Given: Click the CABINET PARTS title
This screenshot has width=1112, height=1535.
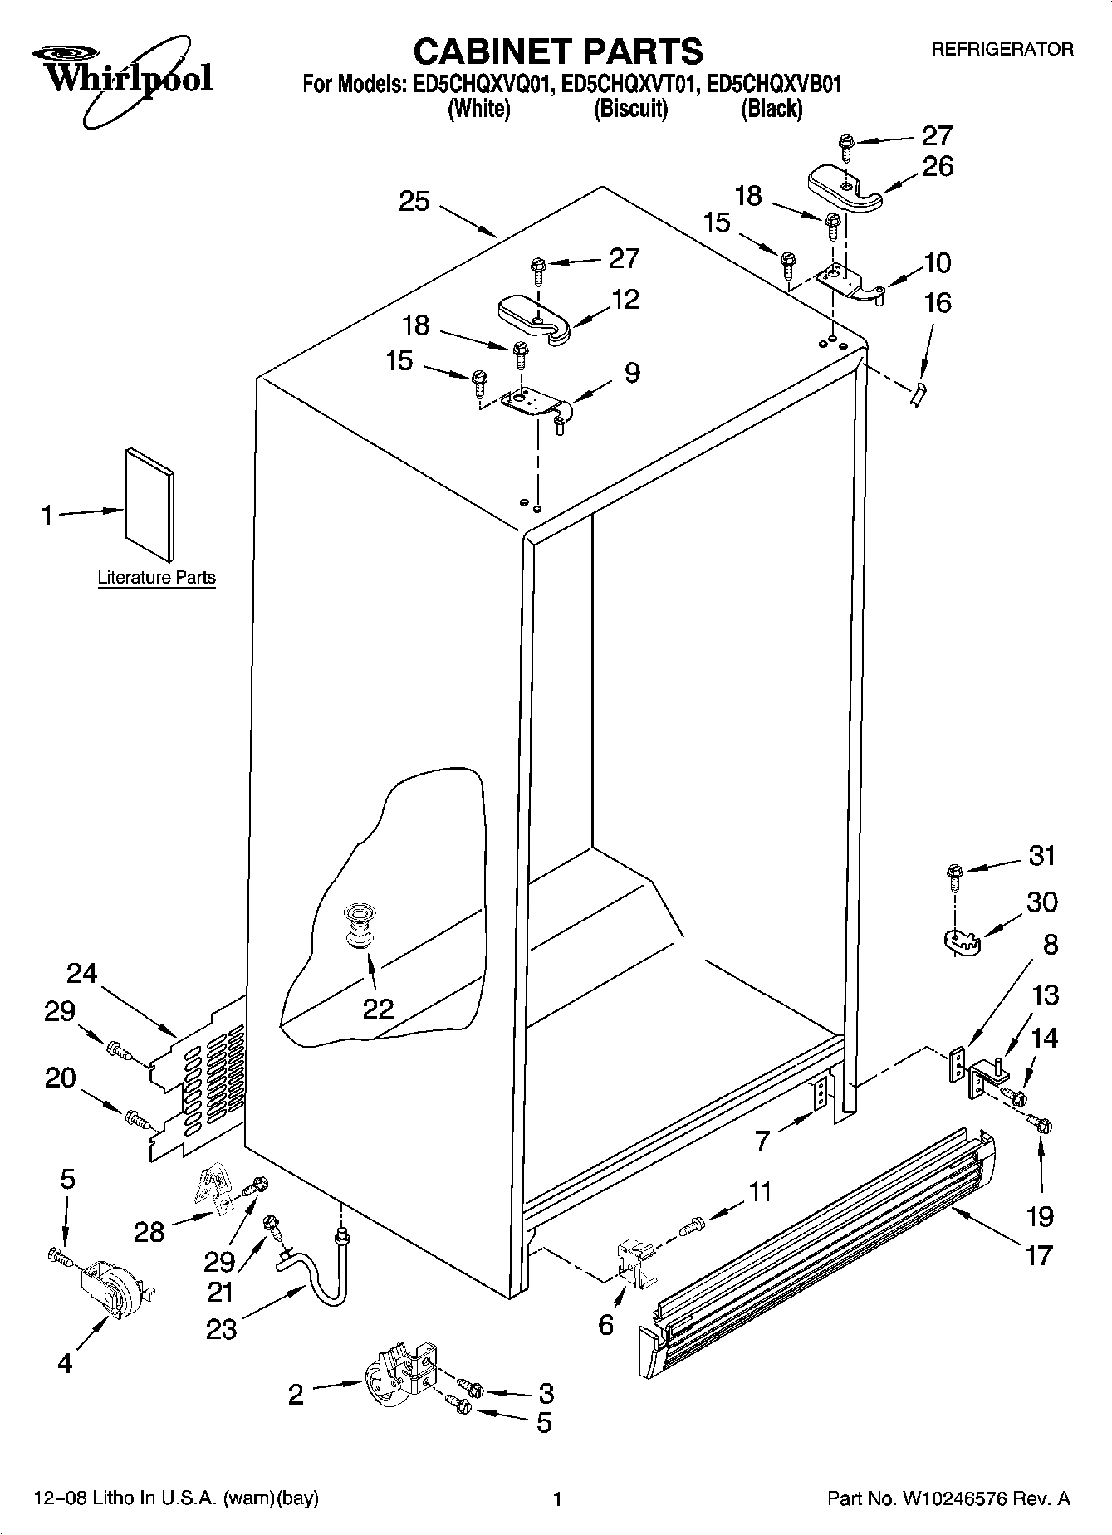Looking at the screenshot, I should [557, 51].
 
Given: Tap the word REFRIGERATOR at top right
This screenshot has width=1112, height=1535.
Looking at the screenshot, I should [1002, 50].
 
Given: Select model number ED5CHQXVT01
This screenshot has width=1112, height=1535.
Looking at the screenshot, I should [625, 84].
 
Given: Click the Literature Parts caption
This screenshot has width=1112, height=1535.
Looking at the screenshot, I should [156, 578].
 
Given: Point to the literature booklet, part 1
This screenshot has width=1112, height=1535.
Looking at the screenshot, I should [149, 505].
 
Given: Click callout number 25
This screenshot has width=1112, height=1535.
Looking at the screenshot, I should [414, 201].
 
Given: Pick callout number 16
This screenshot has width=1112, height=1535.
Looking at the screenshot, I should [938, 303].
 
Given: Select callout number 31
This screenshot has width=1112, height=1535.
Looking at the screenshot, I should [1041, 855].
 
